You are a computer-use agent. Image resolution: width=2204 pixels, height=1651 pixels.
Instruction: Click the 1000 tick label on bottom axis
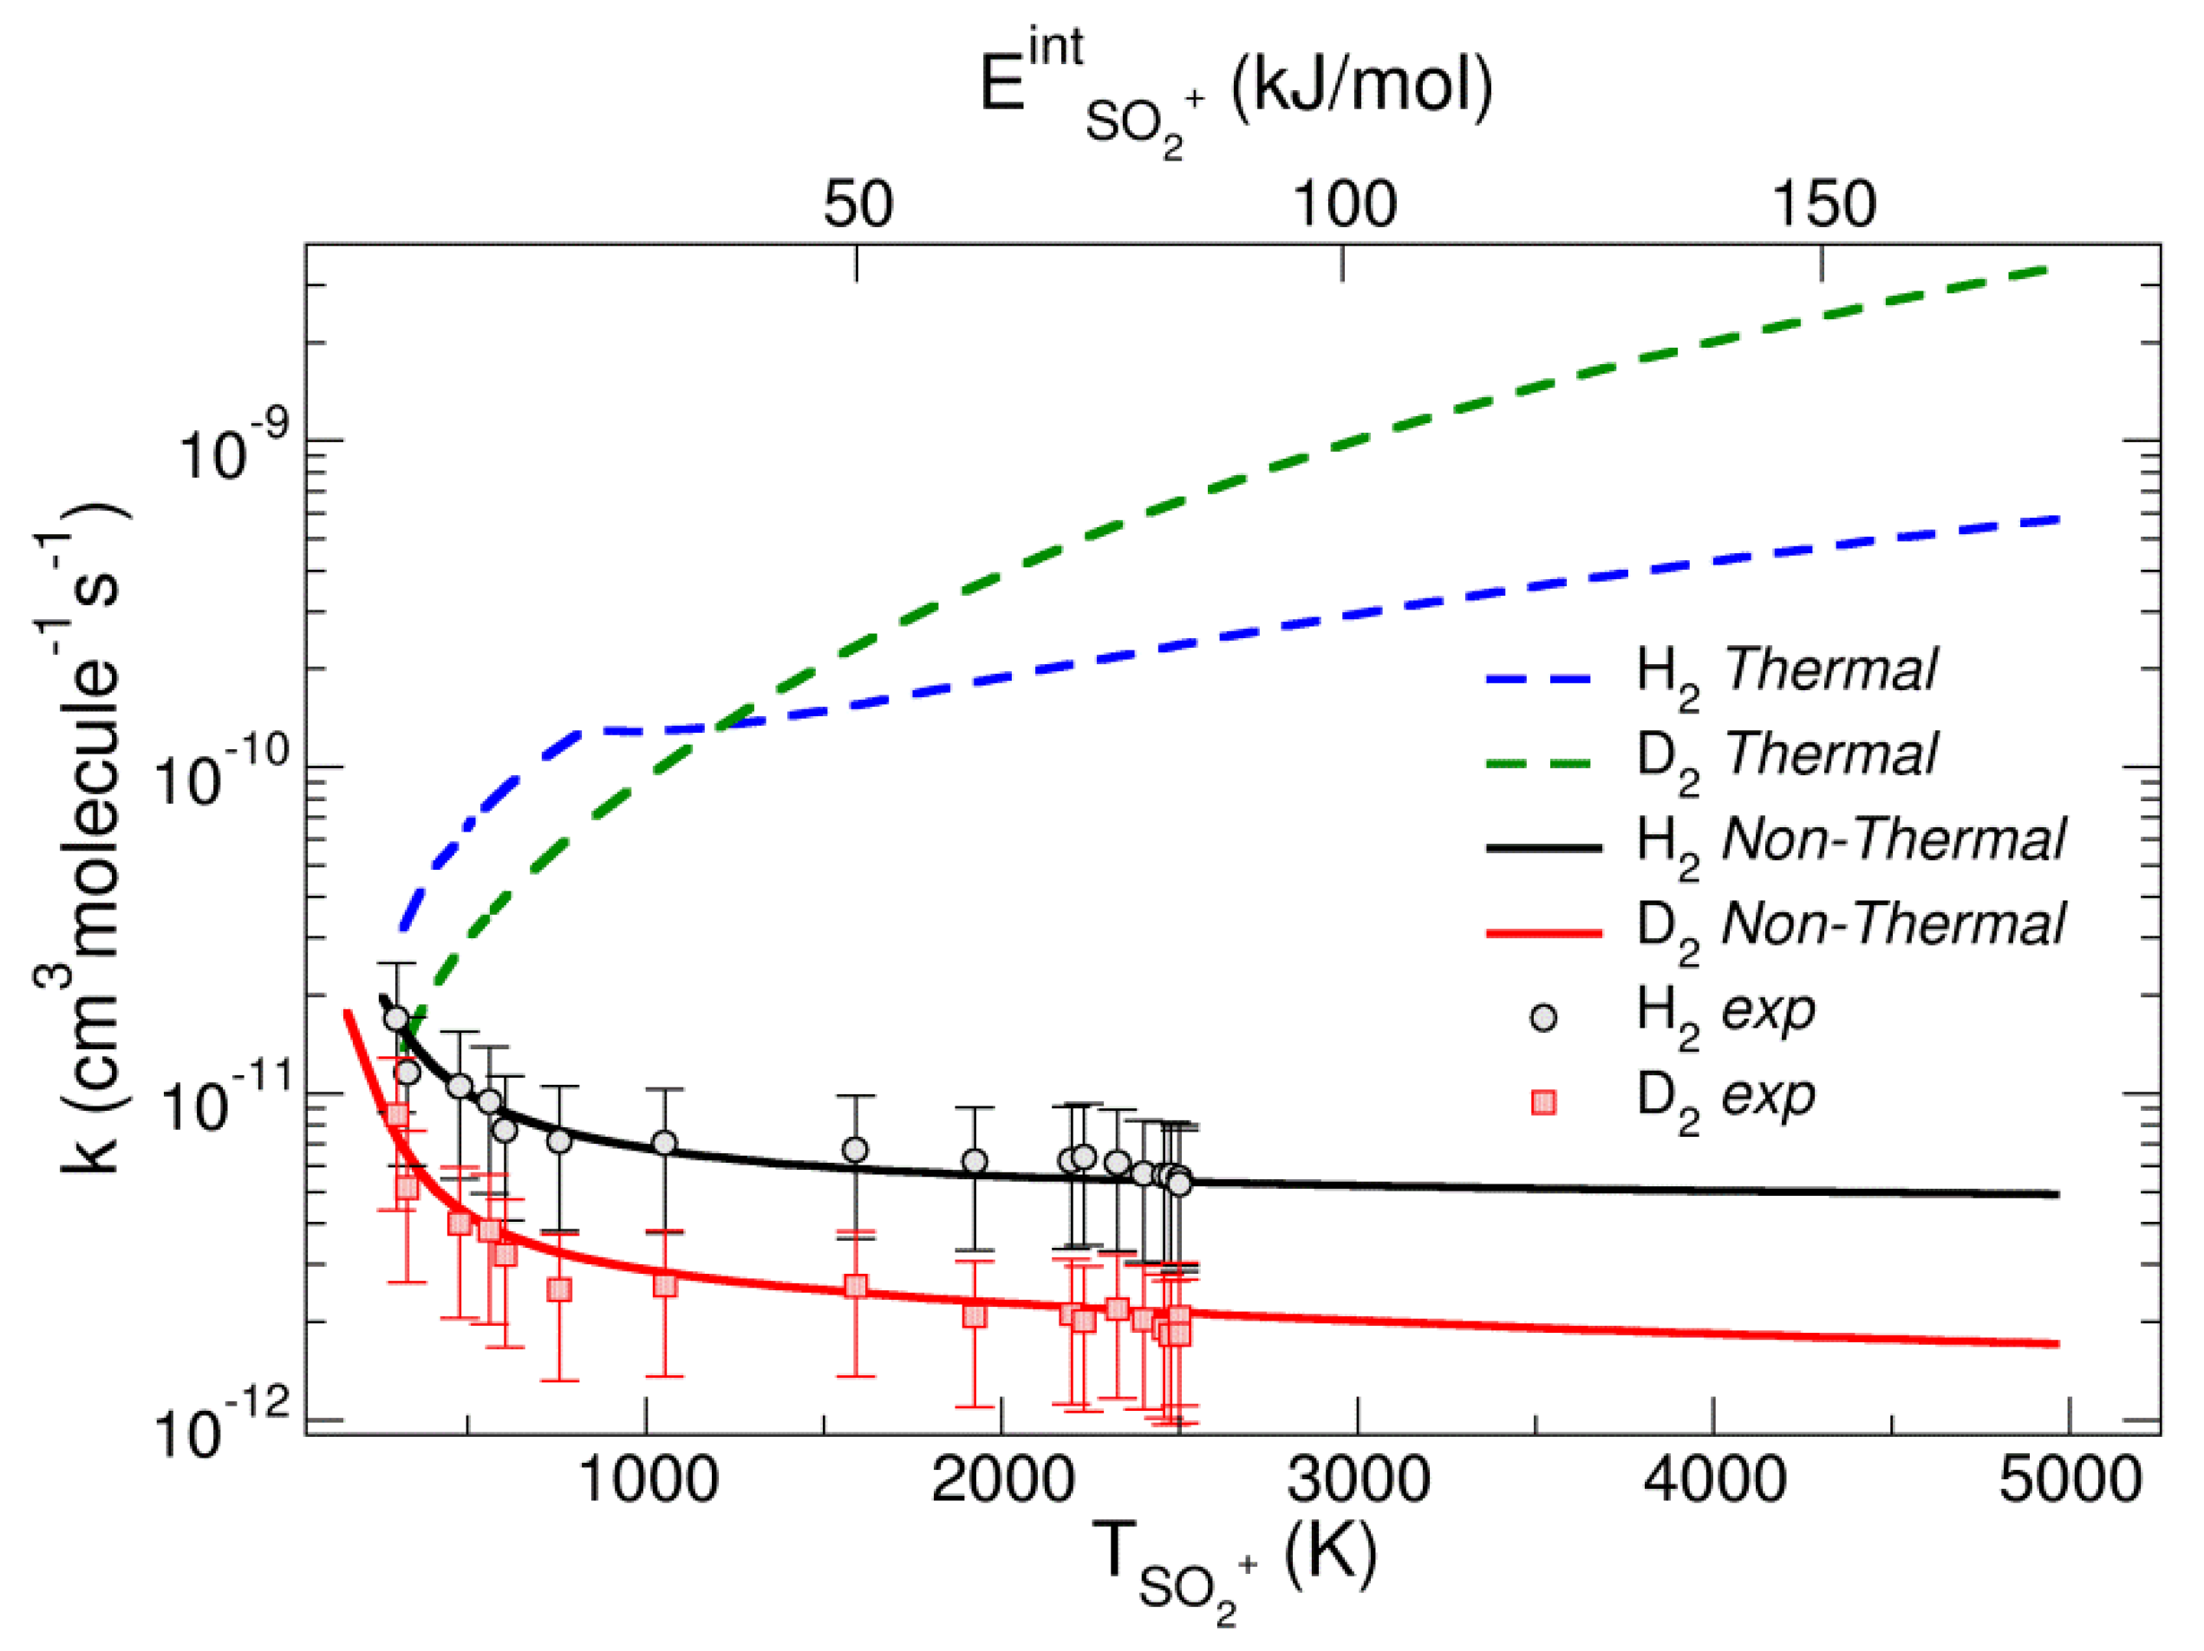pos(647,1481)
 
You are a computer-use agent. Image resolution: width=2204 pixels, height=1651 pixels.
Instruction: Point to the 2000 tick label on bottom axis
pos(1002,1481)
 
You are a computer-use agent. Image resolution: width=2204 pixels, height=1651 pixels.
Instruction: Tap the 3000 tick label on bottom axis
pos(1358,1481)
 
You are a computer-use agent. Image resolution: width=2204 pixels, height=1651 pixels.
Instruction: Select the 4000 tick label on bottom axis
pos(1714,1481)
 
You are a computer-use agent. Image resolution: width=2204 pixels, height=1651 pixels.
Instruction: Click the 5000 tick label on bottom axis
pos(2070,1481)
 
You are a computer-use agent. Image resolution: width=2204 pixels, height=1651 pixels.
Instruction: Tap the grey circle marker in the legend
pos(1543,1018)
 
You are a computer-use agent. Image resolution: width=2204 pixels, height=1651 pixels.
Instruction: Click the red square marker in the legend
pos(1543,1103)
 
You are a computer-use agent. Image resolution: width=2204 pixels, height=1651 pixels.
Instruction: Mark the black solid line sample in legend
pos(1543,848)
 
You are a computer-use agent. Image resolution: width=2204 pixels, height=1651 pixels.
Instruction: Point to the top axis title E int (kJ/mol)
pos(1236,89)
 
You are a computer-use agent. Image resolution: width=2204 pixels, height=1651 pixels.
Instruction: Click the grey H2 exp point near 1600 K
pos(854,1150)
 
